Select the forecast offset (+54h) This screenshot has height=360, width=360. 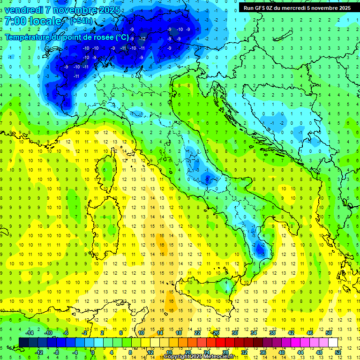[81, 21]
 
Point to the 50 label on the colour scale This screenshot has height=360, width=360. [329, 333]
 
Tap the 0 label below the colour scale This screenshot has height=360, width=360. [93, 352]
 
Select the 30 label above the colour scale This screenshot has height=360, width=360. [234, 333]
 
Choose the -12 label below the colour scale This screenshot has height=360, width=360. [39, 352]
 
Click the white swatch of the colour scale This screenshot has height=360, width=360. [333, 342]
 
